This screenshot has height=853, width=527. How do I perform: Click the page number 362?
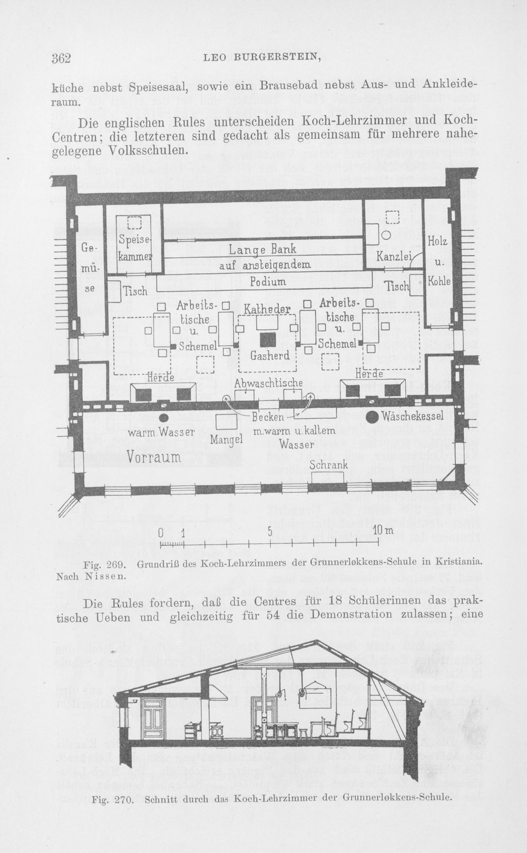(61, 58)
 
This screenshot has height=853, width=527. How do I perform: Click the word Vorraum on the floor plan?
(154, 457)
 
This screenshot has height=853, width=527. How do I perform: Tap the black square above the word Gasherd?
(268, 339)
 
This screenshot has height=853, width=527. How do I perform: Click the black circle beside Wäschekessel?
(372, 417)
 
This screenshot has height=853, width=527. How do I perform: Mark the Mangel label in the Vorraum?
(227, 439)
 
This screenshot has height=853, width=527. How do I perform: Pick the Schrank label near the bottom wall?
(329, 465)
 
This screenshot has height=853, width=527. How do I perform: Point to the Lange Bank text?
(262, 250)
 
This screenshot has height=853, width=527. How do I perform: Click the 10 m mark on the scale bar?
(383, 531)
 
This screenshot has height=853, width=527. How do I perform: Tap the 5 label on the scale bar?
(270, 531)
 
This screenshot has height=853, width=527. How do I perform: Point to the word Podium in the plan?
(268, 281)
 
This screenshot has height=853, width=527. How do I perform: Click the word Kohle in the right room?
(439, 281)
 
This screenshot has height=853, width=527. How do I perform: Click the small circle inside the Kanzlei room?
(386, 236)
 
